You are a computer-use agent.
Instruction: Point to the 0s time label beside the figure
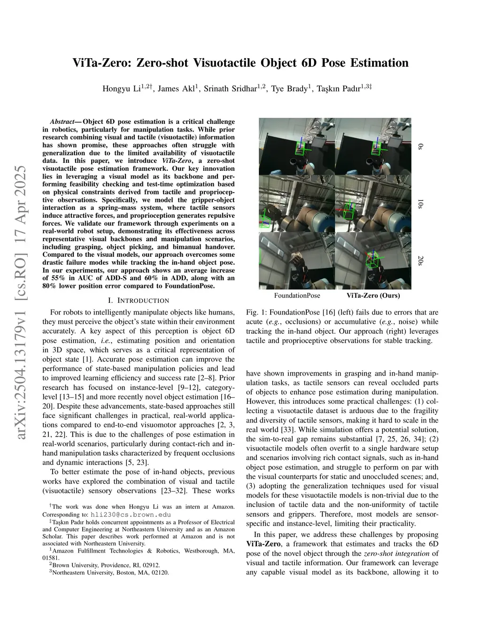pyautogui.click(x=420, y=147)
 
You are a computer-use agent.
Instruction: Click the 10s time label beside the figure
pyautogui.click(x=420, y=204)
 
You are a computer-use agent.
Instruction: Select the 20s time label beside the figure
pyautogui.click(x=420, y=261)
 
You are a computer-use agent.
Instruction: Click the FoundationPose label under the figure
pyautogui.click(x=297, y=296)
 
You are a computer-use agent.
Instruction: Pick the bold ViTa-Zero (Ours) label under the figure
pyautogui.click(x=373, y=296)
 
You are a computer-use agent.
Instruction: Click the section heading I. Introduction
pyautogui.click(x=139, y=300)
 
